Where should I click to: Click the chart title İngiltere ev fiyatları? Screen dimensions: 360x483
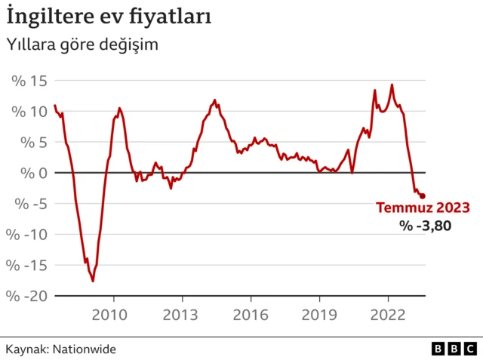pos(109,15)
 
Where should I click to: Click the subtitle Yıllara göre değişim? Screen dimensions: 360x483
pos(82,45)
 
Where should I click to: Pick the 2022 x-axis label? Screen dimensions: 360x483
pos(388,315)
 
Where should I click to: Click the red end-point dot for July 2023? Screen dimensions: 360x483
pos(422,196)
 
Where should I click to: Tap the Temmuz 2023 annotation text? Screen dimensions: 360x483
pos(423,208)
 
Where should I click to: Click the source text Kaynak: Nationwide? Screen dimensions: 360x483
pos(61,349)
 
